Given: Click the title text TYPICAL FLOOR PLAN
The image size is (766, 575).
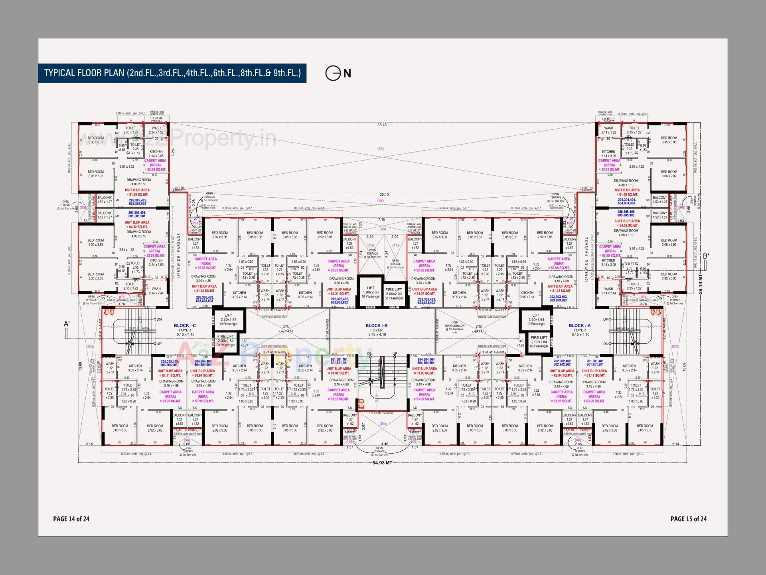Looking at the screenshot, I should [172, 73].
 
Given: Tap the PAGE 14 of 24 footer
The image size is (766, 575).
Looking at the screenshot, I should [71, 519].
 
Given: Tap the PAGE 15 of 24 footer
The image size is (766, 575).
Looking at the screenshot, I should [688, 519].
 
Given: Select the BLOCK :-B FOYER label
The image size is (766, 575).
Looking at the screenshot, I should [376, 328].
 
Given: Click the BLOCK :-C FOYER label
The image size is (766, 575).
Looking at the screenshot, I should [185, 328].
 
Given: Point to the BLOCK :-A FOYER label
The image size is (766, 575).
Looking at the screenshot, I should [579, 328].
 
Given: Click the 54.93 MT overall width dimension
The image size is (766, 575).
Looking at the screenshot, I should [382, 462].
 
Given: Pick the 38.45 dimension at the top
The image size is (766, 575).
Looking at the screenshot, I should [382, 125].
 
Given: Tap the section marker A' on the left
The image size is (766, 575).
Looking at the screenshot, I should [67, 324].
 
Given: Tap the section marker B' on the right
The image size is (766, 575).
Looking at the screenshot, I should [706, 256].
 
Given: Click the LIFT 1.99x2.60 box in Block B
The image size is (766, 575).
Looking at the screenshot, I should [371, 292].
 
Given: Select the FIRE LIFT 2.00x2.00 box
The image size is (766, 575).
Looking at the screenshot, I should [394, 294].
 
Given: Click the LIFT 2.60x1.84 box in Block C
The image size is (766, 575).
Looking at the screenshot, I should [228, 319].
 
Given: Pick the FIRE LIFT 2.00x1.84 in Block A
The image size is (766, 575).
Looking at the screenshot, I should [539, 342].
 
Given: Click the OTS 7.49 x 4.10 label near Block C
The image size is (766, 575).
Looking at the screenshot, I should [286, 329].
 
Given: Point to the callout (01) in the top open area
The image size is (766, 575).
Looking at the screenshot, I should [380, 149].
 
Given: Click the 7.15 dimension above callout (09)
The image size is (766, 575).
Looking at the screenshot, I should [381, 219].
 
